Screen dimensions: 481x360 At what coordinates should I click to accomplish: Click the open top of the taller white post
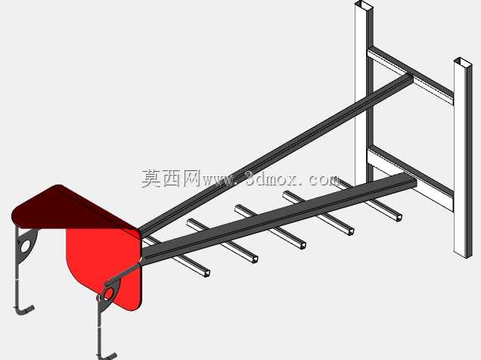click(364, 5)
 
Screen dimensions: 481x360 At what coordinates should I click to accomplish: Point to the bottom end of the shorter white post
click(463, 255)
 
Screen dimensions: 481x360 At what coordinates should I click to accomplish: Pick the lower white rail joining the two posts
click(411, 178)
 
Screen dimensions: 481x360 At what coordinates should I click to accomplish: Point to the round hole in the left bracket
click(24, 247)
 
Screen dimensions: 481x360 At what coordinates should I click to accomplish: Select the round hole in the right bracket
click(109, 294)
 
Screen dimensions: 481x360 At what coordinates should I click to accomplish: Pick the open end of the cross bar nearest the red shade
click(207, 273)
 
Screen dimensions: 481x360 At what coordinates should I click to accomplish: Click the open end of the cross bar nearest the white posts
click(399, 217)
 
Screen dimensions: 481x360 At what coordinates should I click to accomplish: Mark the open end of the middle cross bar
click(303, 245)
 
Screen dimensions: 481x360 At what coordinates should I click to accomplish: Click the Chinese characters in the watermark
click(171, 178)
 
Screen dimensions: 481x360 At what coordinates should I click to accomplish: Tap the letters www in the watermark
click(217, 180)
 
